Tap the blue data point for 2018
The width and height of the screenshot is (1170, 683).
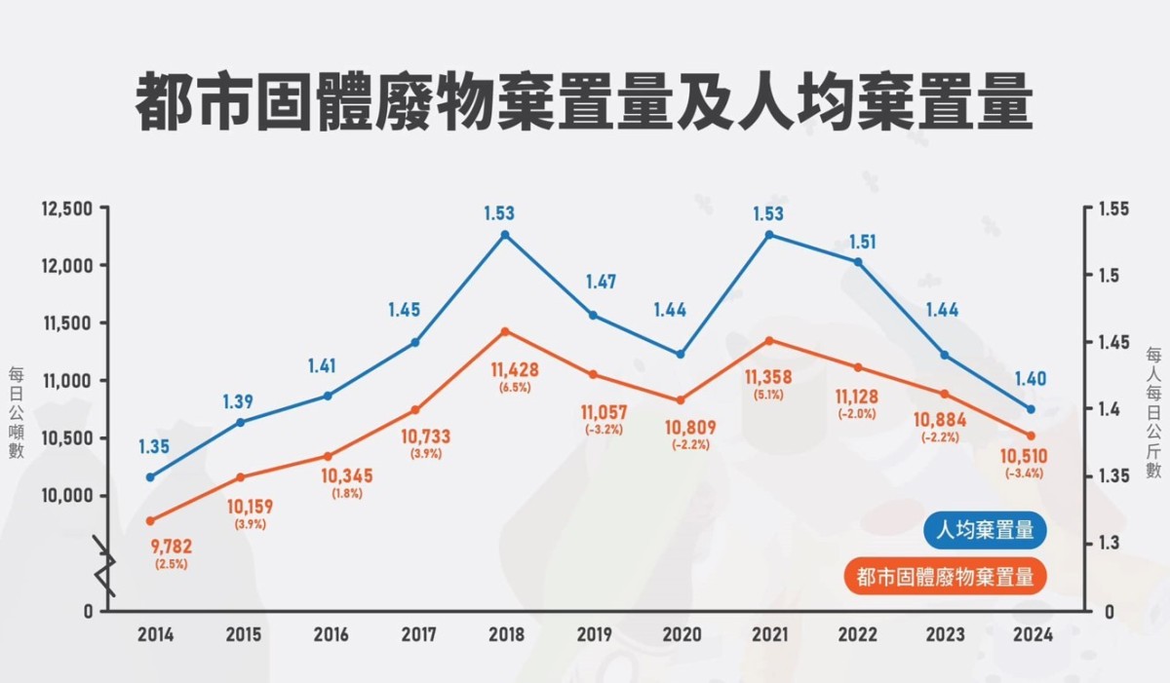pos(505,235)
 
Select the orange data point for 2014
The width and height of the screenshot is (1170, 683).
pos(150,520)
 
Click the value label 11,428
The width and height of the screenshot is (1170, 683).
pos(515,370)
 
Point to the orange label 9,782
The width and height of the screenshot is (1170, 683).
pos(170,547)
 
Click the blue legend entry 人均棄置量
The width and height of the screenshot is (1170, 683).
pos(985,532)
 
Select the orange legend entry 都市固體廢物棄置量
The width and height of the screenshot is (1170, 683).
pos(944,576)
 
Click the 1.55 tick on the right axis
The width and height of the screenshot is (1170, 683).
pos(1114,209)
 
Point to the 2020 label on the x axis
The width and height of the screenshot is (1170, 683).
pos(681,635)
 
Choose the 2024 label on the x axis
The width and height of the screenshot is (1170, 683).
pos(1032,635)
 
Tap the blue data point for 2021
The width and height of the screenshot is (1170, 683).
pos(769,235)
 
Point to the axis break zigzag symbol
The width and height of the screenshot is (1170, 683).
pos(105,565)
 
